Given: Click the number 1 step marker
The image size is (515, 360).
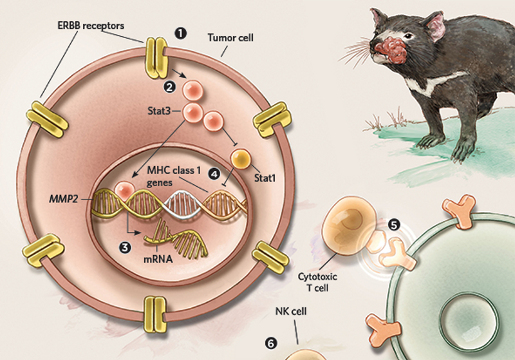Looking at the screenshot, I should (x=182, y=31).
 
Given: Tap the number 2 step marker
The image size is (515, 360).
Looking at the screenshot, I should (x=169, y=85).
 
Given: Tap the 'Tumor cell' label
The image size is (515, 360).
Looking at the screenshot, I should (x=230, y=38).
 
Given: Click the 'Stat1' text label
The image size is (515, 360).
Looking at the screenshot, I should (x=264, y=179).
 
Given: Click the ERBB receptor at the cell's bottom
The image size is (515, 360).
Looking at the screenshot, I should (x=154, y=312).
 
